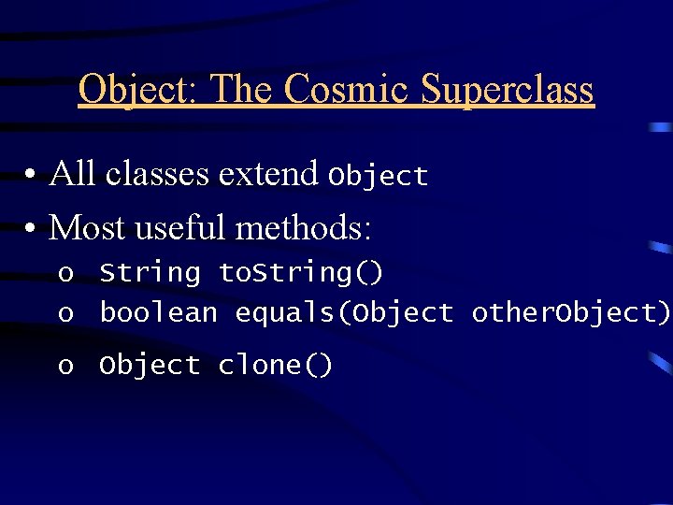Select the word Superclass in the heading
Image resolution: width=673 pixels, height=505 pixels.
[x=508, y=90]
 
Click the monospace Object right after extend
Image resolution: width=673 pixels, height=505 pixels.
[x=377, y=176]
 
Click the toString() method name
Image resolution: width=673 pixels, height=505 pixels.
[x=300, y=273]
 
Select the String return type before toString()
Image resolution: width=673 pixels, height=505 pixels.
[x=150, y=273]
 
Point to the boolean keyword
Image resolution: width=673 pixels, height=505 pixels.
[x=158, y=313]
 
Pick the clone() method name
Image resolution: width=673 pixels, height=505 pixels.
[x=275, y=366]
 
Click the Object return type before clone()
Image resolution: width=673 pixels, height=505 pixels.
[x=150, y=366]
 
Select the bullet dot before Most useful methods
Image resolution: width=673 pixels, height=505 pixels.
[x=31, y=228]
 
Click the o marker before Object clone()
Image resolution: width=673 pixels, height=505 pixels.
[x=64, y=367]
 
